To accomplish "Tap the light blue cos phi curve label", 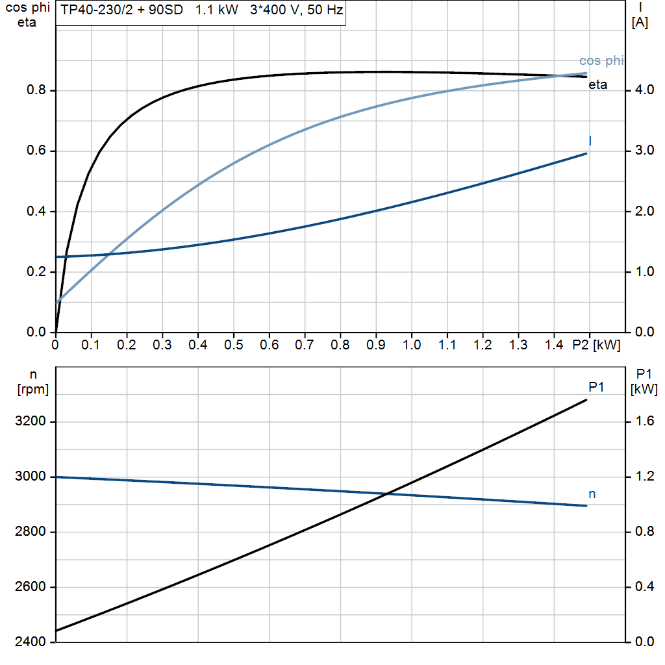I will pos(601,61).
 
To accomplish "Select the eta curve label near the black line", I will pos(598,84).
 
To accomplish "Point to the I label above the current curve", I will pos(590,140).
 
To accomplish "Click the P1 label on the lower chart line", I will pos(596,387).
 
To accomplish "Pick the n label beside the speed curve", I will pos(592,494).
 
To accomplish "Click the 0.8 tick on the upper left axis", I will pos(36,90).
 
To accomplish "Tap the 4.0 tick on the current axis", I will pos(642,90).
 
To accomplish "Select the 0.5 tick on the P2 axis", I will pos(233,345).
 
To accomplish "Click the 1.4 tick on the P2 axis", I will pos(553,345).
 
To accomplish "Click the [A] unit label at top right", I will pos(640,23).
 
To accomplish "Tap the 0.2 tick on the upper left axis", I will pos(36,272).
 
